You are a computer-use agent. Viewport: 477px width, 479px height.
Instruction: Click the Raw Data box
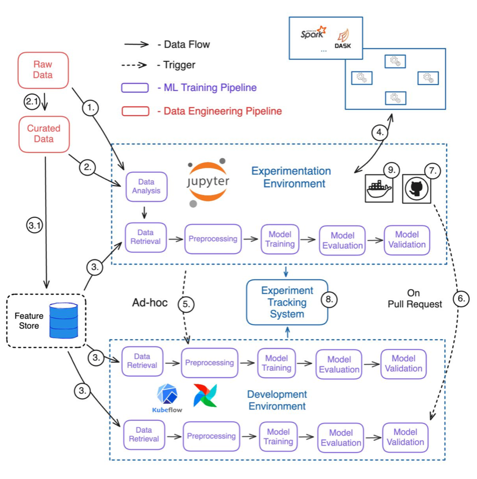43,70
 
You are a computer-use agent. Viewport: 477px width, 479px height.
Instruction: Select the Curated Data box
44,134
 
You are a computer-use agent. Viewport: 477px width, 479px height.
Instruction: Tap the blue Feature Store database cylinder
64,320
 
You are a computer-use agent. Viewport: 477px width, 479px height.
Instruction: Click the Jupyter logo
208,182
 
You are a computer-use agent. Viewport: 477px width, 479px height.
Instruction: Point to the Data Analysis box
146,187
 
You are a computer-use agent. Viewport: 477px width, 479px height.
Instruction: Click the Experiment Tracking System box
287,302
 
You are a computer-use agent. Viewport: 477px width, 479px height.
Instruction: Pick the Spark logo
313,33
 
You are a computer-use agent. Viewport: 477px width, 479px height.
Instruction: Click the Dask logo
343,38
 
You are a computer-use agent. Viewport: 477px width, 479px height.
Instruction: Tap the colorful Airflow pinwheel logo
205,395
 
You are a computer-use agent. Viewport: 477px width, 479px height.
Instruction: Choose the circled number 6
461,299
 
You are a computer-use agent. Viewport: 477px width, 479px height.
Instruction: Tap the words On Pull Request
415,299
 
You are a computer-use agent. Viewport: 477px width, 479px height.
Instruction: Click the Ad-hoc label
150,303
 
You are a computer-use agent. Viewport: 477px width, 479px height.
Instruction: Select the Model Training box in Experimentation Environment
280,239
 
